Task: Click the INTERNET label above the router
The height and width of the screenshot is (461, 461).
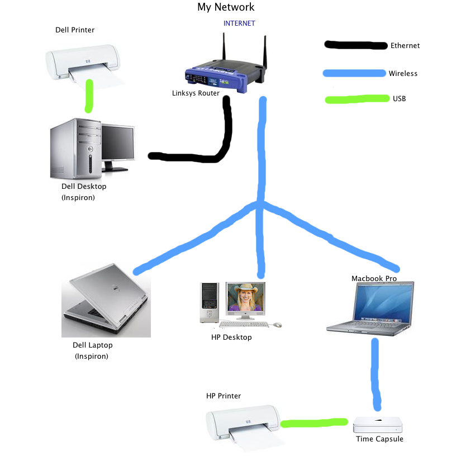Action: pyautogui.click(x=239, y=23)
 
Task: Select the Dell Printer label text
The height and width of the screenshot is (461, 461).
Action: pyautogui.click(x=75, y=30)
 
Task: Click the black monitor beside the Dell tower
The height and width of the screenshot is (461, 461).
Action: pyautogui.click(x=118, y=144)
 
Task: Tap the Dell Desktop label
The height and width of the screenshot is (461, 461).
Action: pyautogui.click(x=84, y=186)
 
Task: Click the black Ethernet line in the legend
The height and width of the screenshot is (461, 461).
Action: pyautogui.click(x=356, y=45)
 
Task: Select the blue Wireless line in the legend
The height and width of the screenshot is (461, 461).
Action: pyautogui.click(x=355, y=73)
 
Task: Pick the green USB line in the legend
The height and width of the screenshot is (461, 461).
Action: pyautogui.click(x=357, y=99)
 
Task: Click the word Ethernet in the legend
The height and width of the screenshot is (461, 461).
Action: pyautogui.click(x=405, y=46)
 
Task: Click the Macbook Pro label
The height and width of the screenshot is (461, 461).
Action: pyautogui.click(x=374, y=278)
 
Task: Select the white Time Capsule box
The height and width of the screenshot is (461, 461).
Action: pyautogui.click(x=378, y=425)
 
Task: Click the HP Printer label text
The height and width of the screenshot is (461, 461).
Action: pyautogui.click(x=224, y=396)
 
